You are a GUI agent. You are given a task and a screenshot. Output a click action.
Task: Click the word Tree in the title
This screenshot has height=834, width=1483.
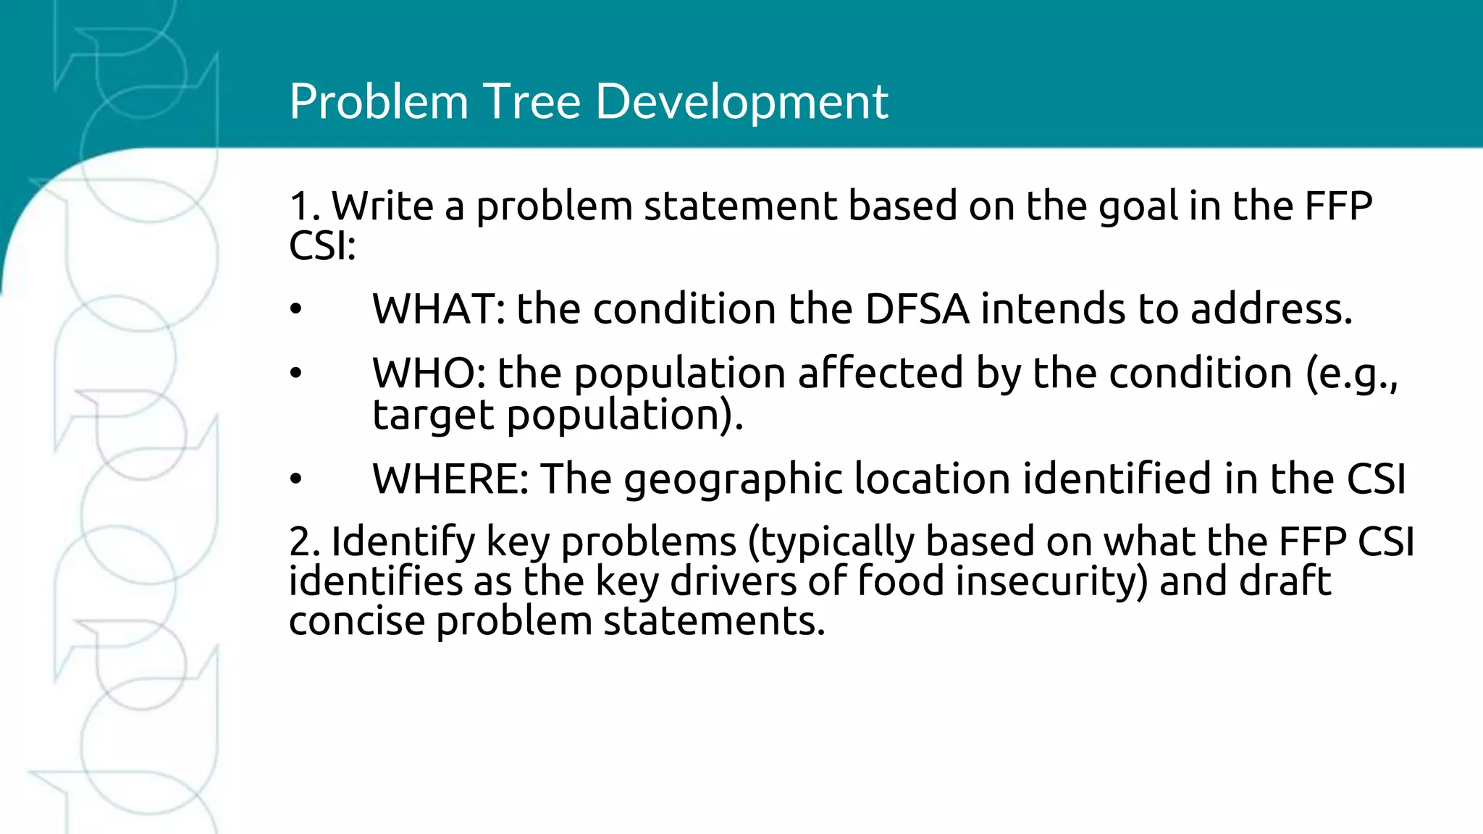point(532,101)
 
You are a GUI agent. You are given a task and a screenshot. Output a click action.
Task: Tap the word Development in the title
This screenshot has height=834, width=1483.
point(741,101)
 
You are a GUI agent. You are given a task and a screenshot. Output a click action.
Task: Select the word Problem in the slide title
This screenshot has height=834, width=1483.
point(378,101)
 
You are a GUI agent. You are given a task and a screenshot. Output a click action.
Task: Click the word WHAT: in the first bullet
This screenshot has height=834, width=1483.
point(438,309)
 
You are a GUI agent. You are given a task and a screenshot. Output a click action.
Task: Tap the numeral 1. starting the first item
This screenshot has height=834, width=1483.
point(304,206)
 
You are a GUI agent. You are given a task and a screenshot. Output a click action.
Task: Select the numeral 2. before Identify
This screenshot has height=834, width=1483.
point(304,542)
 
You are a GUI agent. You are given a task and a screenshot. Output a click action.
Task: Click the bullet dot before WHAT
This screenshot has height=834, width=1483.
point(295,310)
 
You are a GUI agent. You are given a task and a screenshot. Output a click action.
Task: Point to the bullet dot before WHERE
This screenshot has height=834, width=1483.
point(295,479)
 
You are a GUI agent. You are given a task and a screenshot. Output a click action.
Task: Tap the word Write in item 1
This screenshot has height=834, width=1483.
point(382,206)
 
